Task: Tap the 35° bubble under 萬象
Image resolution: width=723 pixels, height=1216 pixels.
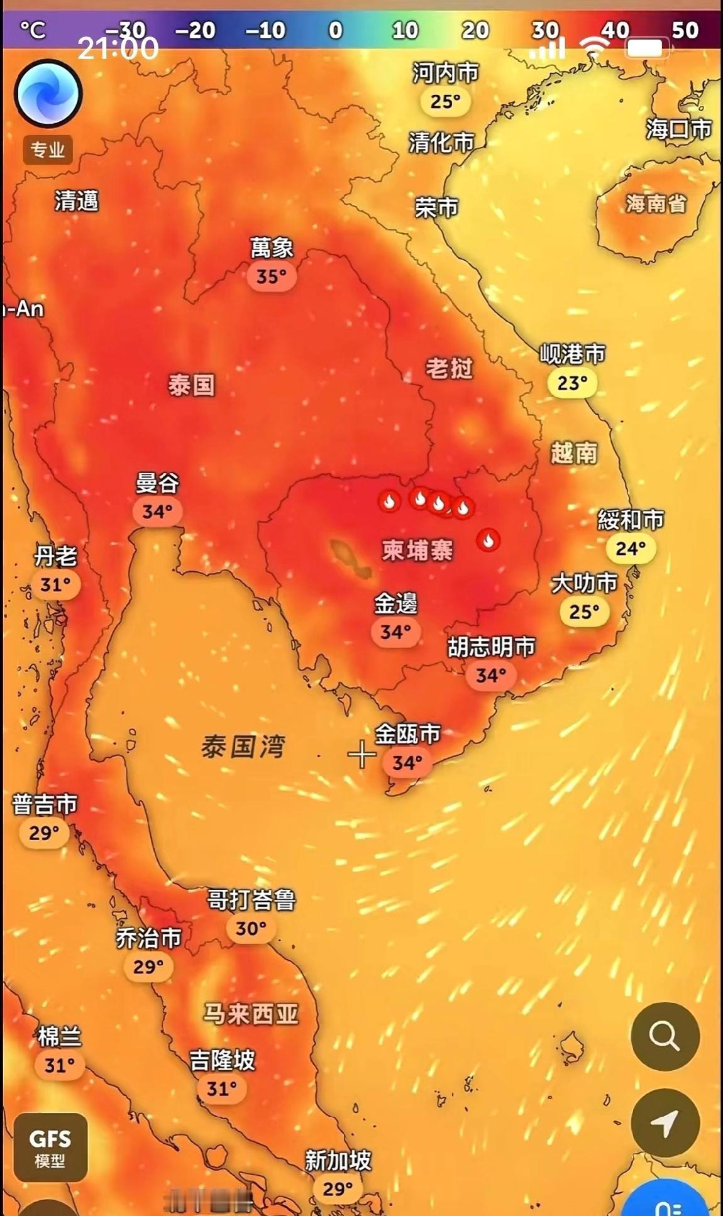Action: point(271,276)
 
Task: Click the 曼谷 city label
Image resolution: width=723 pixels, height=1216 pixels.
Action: point(157,483)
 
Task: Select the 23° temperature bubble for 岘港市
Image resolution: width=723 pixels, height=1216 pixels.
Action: point(572,383)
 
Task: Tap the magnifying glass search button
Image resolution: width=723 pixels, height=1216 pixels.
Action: point(665,1036)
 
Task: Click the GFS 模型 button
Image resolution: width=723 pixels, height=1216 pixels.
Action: point(50,1148)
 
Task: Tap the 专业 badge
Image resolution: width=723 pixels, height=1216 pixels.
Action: point(48,150)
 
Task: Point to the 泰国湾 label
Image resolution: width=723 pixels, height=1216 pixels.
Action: point(243,747)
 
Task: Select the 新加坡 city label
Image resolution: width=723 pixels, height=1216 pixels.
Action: point(338,1160)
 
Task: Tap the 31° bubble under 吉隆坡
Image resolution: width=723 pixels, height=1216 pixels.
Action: point(221,1088)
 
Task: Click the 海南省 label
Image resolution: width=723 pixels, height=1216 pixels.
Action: point(655,203)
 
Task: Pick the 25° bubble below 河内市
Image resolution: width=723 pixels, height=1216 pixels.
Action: point(445,101)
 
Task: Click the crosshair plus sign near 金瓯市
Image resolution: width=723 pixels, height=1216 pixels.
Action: point(361,754)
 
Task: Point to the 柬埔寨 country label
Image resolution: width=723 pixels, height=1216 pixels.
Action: point(417,550)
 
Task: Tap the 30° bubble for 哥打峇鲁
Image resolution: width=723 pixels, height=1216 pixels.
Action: point(251,928)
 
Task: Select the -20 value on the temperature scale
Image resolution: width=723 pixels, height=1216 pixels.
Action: point(195,30)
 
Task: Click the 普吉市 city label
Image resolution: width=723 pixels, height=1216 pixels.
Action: point(45,804)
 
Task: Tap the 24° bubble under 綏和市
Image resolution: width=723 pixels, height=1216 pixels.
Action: point(631,549)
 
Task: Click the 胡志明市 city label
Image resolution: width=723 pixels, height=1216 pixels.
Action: point(491,647)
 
